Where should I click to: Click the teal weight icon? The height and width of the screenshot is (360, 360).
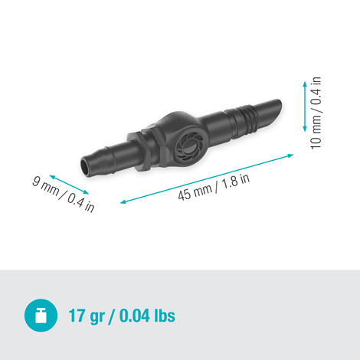(x=40, y=315)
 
